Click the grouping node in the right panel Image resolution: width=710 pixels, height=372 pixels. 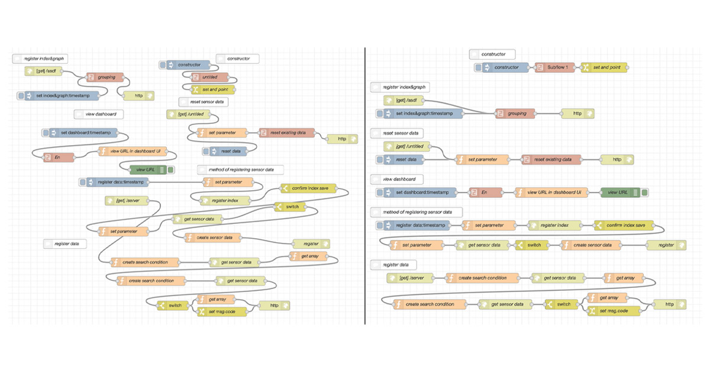(514, 113)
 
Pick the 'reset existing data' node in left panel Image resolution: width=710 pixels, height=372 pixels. (287, 132)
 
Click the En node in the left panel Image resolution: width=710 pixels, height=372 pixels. (57, 157)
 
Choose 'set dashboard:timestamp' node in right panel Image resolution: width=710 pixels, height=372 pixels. (419, 192)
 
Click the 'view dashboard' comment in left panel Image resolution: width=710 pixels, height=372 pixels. (98, 114)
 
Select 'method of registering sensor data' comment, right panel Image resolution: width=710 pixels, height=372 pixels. (416, 211)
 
